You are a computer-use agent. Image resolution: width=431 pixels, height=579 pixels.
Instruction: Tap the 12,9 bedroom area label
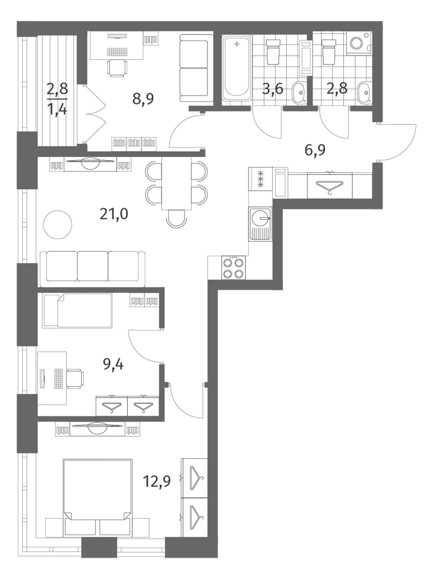pos(157,482)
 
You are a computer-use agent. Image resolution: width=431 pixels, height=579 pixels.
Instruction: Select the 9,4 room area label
pos(113,364)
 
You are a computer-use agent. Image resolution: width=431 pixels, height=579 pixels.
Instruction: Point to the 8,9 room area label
pos(143,99)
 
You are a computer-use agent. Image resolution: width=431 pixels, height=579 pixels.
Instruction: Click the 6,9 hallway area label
pos(315,150)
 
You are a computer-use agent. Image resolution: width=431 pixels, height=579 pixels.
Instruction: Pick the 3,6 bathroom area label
pos(273,88)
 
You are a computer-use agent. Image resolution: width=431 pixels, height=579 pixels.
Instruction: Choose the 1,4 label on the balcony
pos(57,110)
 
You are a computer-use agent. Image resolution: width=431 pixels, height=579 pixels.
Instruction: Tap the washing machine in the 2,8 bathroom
pos(359,43)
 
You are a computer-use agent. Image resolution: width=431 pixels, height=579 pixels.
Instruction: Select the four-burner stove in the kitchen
pos(234,267)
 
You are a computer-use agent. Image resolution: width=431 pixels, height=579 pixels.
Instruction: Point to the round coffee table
pos(58,225)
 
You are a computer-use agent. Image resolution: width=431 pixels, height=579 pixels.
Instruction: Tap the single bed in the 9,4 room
pos(77,310)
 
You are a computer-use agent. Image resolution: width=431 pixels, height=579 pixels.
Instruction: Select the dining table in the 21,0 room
pos(177,183)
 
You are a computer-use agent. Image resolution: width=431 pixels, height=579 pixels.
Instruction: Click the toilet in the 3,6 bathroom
pos(273,51)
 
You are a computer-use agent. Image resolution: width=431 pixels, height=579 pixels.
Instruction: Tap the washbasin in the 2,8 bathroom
pos(365,93)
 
